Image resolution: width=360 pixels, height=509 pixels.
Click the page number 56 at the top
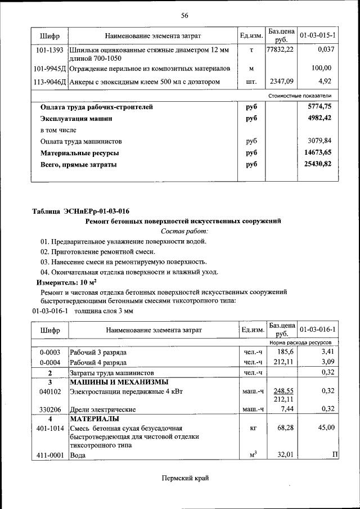[184, 15]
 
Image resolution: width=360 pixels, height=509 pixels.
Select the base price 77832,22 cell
[280, 50]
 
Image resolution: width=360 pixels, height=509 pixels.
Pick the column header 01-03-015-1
[318, 35]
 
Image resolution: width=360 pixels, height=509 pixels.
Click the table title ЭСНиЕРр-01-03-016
[81, 211]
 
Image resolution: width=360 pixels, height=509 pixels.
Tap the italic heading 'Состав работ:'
[184, 231]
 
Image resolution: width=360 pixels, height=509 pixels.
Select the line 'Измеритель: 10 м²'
[66, 282]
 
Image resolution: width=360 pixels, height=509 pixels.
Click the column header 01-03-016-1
[318, 329]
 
